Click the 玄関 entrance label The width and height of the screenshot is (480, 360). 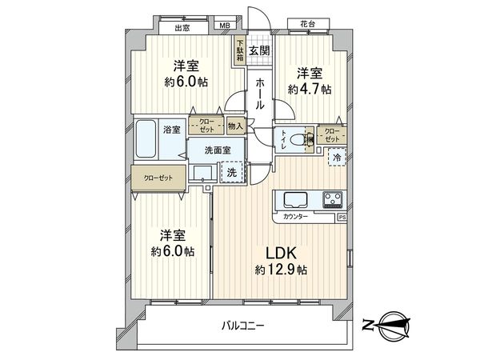258,51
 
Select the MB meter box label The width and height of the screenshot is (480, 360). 225,27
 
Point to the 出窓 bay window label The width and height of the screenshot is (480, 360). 181,28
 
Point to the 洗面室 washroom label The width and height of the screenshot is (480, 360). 217,150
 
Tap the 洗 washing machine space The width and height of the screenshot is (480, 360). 231,171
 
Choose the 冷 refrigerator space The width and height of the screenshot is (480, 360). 338,158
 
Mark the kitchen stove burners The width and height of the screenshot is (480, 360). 333,198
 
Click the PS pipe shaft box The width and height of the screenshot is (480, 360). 342,217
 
